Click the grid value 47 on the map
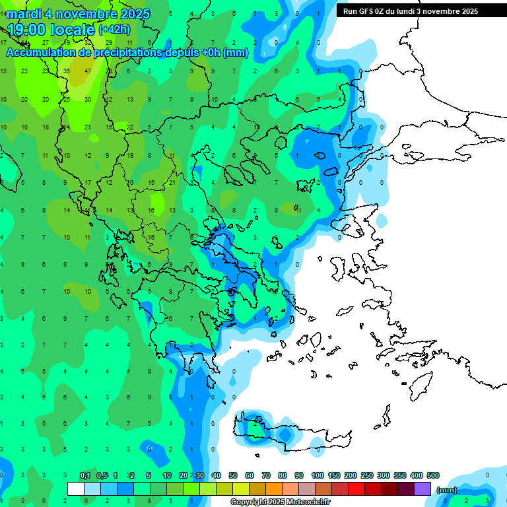pos(88,71)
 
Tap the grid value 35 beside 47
pos(67,71)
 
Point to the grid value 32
pos(88,42)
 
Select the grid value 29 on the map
pos(109,42)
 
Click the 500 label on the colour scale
pos(433,475)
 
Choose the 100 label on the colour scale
pos(318,475)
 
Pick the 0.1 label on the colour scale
pos(85,475)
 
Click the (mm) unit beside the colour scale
pos(447,490)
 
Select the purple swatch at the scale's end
pos(423,489)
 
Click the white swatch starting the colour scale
pos(76,489)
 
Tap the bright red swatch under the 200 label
pos(356,489)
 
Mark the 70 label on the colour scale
pos(266,475)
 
